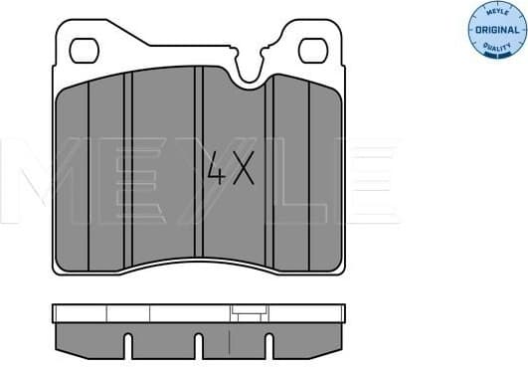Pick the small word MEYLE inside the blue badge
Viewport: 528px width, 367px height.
point(495,12)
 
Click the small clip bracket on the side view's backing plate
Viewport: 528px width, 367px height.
point(245,313)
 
